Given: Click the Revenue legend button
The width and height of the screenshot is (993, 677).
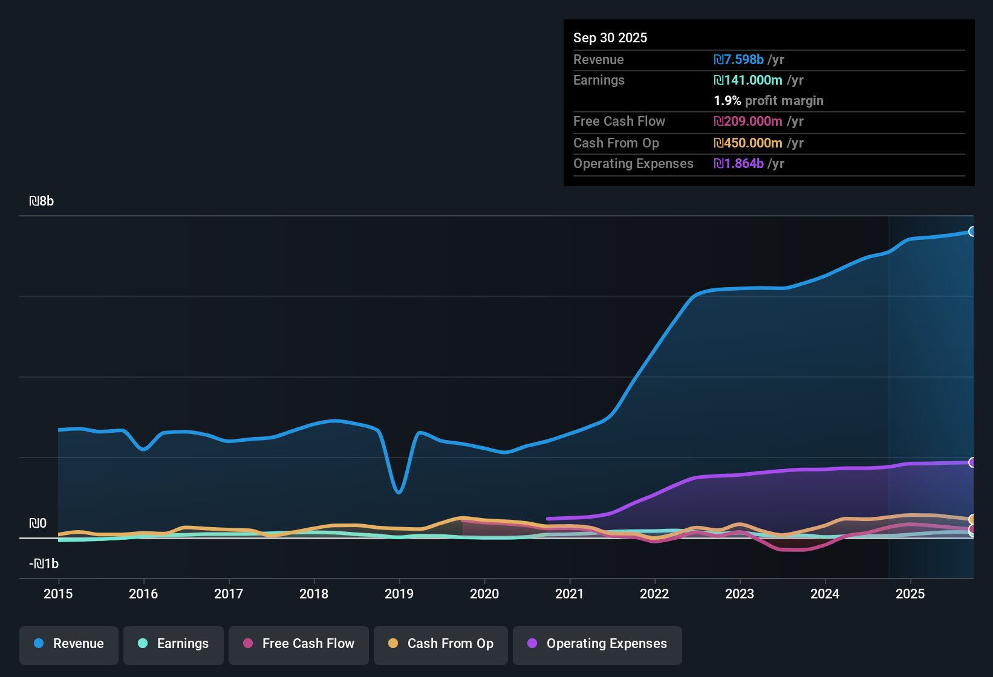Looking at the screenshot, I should click(69, 644).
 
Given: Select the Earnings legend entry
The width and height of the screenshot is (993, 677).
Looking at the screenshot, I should click(174, 644).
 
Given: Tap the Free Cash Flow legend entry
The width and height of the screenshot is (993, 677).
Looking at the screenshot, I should click(299, 644).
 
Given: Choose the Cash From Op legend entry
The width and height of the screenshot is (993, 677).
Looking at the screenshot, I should click(441, 644).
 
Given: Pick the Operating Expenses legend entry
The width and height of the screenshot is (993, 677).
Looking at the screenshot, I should click(597, 644).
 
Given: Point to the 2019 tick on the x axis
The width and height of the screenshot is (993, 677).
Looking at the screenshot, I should click(399, 594).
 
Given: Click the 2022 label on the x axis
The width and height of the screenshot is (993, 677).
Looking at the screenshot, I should click(654, 594).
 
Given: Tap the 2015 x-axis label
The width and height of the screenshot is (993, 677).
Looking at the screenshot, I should click(58, 594).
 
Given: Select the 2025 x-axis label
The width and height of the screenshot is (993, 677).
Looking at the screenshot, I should click(910, 594).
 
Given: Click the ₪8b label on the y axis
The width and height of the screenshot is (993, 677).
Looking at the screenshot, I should click(41, 201).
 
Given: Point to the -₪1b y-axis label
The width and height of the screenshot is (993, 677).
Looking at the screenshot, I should click(44, 564).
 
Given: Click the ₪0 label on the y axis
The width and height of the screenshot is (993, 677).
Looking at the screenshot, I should click(37, 523).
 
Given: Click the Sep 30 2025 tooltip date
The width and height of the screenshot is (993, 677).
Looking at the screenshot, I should click(610, 37).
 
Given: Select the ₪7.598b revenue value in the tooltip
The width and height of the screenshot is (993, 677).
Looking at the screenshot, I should click(738, 59).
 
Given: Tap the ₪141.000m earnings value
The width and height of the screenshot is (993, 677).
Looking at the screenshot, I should click(748, 80).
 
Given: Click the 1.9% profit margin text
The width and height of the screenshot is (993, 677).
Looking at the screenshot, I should click(768, 100).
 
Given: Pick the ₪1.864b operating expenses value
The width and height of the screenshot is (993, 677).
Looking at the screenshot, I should click(738, 163).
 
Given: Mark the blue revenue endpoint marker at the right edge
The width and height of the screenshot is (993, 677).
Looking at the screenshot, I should click(972, 232).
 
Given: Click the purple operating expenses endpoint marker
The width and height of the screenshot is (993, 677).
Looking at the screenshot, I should click(972, 462).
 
